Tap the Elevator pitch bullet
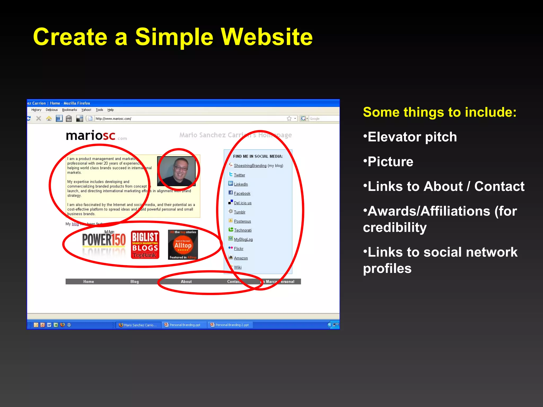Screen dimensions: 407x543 [x=412, y=137]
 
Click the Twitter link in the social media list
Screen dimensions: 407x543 [x=239, y=175]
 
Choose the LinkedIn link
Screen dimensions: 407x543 [x=241, y=184]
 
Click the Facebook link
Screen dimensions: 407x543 [x=242, y=194]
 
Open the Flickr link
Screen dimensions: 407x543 [x=239, y=249]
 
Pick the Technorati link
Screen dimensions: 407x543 [x=243, y=230]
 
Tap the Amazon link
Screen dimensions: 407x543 [x=241, y=258]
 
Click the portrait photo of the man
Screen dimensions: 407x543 [x=177, y=171]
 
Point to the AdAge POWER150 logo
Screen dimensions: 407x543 [x=104, y=240]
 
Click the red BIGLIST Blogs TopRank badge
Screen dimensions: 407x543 [x=145, y=245]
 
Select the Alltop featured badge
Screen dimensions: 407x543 [x=183, y=245]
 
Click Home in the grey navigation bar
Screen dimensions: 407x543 [x=89, y=282]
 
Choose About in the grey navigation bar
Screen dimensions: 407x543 [x=186, y=282]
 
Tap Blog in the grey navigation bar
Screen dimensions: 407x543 [x=134, y=282]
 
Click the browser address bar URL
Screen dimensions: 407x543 [x=113, y=119]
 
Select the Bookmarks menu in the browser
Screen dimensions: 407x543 [x=69, y=110]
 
